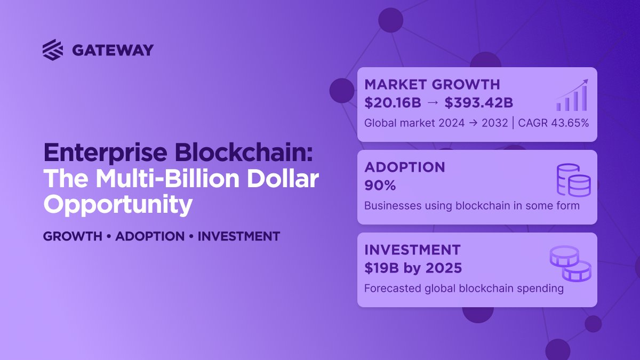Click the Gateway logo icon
point(53,50)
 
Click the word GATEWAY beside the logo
point(113,50)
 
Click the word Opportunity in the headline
point(117,204)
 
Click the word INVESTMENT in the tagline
point(238,236)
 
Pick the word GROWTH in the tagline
point(73,236)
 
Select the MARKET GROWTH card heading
point(432,84)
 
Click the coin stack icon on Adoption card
point(573,180)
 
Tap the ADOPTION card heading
point(405,167)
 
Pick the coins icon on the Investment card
point(570,263)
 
